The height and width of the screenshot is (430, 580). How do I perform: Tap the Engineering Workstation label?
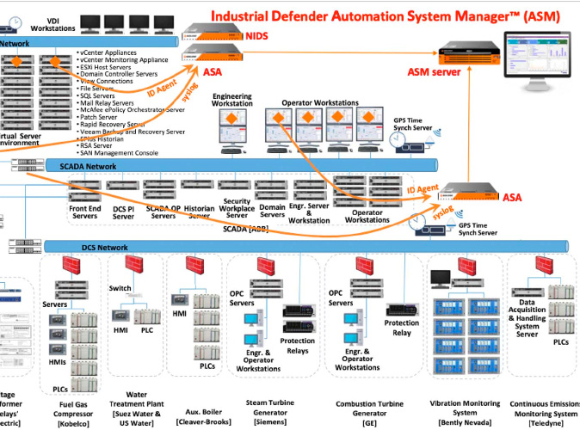coord(232,100)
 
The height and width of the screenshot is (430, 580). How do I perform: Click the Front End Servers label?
coord(83,212)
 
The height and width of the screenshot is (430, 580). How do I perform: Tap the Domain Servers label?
coord(273,212)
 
